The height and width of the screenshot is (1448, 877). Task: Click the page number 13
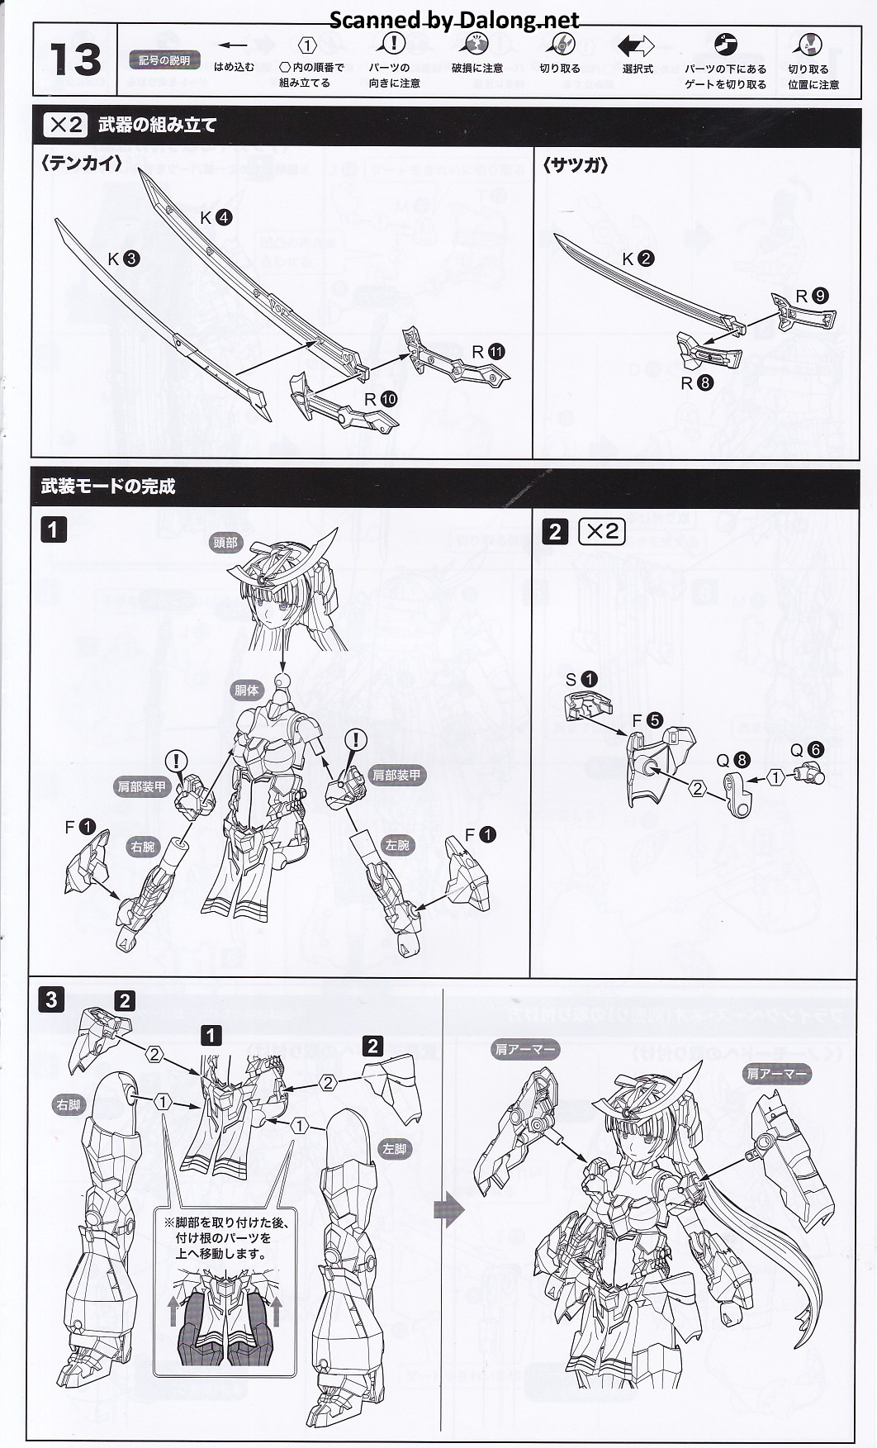[x=74, y=59]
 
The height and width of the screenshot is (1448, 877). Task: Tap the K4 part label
[x=216, y=217]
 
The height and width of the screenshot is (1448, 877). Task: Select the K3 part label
[x=123, y=259]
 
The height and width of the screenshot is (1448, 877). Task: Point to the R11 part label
[x=487, y=352]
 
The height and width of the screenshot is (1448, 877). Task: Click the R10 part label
[x=380, y=399]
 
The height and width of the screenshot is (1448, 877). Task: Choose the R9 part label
[x=811, y=296]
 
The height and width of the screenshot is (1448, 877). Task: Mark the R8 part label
[x=696, y=382]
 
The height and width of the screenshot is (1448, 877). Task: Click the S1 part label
[x=581, y=679]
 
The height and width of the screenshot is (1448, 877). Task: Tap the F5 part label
[x=647, y=720]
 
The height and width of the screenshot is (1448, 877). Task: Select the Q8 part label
[x=732, y=759]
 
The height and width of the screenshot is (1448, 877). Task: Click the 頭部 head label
[x=225, y=542]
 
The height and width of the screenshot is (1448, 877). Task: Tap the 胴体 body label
[x=246, y=690]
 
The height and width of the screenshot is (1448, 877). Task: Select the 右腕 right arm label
[x=142, y=847]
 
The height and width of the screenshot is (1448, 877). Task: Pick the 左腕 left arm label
[x=397, y=845]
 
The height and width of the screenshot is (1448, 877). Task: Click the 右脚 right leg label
[x=69, y=1104]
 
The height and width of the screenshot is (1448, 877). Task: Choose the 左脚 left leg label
[x=395, y=1149]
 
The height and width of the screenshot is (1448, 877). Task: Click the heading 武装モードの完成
[x=108, y=487]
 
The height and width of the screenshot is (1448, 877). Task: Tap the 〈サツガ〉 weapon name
[x=576, y=165]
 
